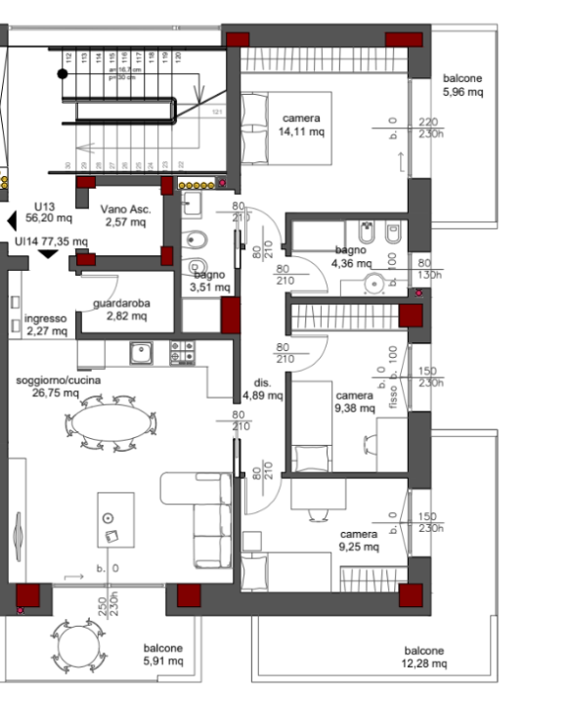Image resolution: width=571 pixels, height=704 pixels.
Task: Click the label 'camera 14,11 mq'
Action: point(300,124)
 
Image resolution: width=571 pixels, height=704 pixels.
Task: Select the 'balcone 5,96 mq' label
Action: point(463,85)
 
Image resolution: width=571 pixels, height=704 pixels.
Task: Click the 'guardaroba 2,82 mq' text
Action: point(122,310)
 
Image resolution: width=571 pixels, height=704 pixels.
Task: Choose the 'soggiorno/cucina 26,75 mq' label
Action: point(58,386)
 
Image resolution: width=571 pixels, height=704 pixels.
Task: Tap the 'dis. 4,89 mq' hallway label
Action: point(262,389)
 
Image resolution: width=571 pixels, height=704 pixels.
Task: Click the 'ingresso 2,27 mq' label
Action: point(46,325)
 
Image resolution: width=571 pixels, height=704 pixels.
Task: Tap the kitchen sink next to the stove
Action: point(142,352)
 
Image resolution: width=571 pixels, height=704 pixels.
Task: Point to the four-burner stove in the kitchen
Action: point(183,352)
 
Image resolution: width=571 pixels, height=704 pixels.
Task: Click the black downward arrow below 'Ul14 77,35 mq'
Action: point(47,254)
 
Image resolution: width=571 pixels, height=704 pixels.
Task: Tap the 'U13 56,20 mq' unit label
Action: point(44,212)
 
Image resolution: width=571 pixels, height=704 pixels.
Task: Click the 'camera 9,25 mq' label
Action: point(359,541)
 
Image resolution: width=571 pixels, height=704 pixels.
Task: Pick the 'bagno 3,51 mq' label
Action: point(209,281)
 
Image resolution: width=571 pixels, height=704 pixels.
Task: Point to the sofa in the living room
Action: point(205,518)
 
